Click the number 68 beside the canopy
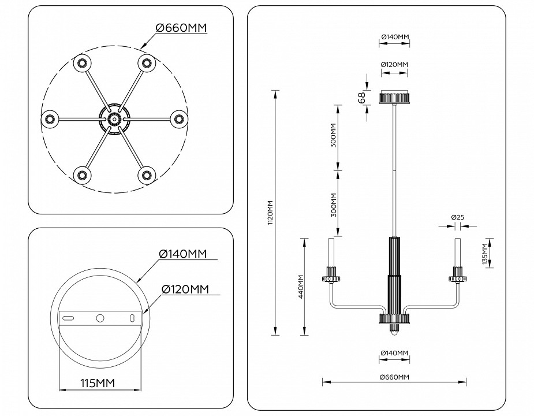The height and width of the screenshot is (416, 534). point(362,98)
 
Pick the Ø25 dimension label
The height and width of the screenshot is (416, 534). point(458,217)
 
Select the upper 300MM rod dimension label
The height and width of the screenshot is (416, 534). point(333,136)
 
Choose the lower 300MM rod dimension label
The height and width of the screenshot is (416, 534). point(333,203)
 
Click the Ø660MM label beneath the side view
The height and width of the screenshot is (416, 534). point(394,377)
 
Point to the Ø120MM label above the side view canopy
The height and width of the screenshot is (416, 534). point(394,64)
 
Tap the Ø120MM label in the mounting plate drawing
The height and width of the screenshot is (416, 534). point(185,289)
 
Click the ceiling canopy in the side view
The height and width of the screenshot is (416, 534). point(394,97)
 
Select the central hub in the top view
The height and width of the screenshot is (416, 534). point(113,119)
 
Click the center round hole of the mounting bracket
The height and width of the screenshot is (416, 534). point(100,318)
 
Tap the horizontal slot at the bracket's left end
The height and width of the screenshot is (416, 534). point(69,318)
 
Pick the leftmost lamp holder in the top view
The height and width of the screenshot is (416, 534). point(49,119)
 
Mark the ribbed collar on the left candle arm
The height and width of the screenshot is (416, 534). point(332,274)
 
